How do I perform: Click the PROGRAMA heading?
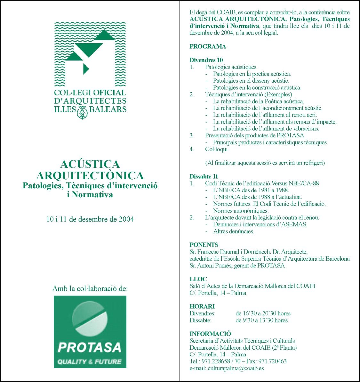(208, 46)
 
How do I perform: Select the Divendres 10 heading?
(206, 60)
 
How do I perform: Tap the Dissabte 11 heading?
(204, 176)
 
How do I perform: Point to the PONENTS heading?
(204, 245)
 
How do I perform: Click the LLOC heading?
(198, 279)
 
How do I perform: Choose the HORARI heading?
(202, 306)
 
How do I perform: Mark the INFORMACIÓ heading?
(210, 334)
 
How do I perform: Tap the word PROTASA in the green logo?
(90, 347)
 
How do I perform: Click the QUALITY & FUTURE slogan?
(89, 362)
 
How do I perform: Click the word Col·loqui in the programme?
(216, 149)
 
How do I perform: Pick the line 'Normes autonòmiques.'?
(241, 211)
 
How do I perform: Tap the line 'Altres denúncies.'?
(234, 231)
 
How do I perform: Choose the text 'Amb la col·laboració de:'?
(90, 289)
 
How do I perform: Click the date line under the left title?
(90, 219)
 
